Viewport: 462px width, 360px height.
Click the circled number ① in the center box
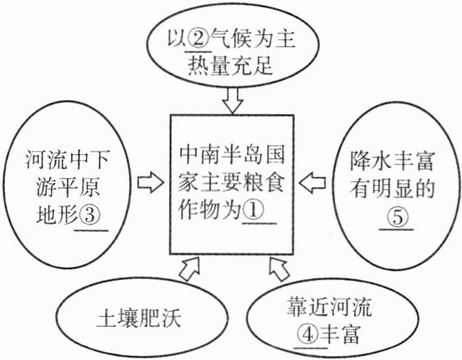tap(253, 211)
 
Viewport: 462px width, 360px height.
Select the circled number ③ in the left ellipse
tap(90, 215)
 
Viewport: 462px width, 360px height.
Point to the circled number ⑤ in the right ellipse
tap(397, 217)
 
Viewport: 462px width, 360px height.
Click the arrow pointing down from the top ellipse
tap(233, 100)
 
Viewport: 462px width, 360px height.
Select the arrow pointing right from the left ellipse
tap(150, 183)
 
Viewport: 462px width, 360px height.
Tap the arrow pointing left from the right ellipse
tap(313, 183)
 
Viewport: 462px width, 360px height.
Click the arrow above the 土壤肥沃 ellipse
tap(189, 269)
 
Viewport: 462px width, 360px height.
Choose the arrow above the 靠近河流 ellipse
tap(278, 269)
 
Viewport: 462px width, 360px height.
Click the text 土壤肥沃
tap(139, 318)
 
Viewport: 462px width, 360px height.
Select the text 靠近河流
tap(329, 307)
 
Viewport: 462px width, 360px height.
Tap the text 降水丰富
tap(392, 161)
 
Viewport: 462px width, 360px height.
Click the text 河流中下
tap(68, 159)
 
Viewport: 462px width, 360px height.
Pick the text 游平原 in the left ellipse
tap(69, 188)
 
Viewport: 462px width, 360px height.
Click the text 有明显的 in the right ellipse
tap(392, 189)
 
